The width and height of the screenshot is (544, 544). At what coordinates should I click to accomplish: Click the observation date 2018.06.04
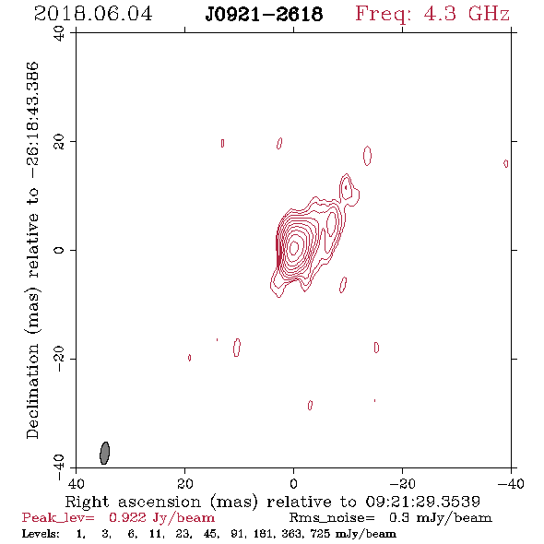93,14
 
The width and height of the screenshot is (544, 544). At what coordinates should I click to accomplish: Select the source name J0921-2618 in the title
264,15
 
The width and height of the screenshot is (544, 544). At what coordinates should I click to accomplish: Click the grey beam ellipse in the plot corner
104,453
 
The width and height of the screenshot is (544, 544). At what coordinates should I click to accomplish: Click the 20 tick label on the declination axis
59,142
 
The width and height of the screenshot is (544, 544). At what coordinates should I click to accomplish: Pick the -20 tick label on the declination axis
59,359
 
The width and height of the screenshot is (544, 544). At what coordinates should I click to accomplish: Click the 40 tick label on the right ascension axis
76,483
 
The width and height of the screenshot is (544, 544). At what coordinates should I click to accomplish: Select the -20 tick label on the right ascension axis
402,483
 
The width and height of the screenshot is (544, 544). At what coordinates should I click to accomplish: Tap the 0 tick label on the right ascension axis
293,483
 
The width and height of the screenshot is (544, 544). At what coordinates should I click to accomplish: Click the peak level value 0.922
127,517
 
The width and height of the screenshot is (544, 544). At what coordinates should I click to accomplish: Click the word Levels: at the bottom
41,534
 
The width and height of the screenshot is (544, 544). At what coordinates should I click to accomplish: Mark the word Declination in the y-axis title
32,391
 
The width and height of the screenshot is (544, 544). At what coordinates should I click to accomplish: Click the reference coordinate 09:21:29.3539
422,502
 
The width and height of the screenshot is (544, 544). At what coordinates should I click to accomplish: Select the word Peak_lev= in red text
58,518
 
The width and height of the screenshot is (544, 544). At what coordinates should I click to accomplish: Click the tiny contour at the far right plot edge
506,163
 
